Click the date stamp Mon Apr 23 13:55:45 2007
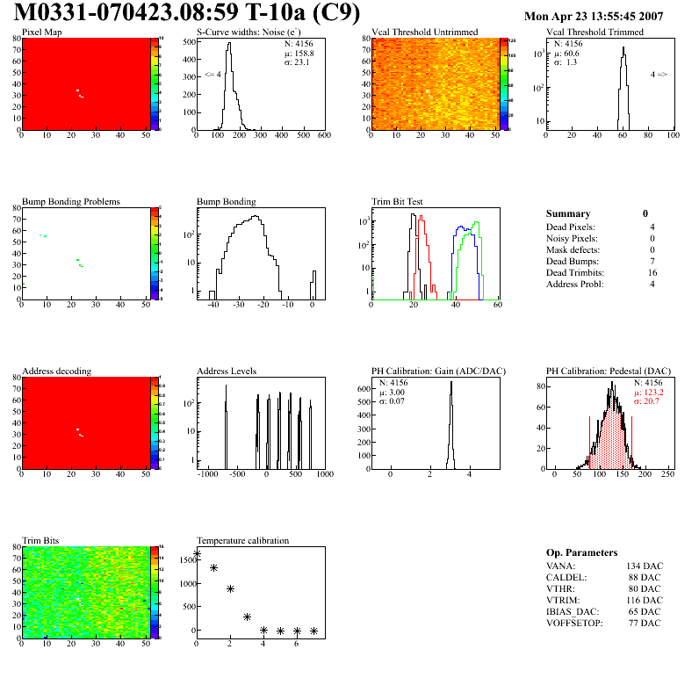coord(593,17)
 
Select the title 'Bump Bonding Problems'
coord(70,201)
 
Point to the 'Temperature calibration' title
coord(242,540)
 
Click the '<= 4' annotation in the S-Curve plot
coord(212,75)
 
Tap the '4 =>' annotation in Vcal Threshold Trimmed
coord(658,75)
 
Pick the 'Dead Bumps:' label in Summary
coord(570,262)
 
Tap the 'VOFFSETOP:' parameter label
coord(575,622)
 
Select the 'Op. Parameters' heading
coord(581,553)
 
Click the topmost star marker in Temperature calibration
coord(197,554)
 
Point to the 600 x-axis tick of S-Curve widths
coord(323,135)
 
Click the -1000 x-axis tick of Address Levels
coord(208,473)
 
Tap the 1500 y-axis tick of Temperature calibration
coord(186,559)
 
